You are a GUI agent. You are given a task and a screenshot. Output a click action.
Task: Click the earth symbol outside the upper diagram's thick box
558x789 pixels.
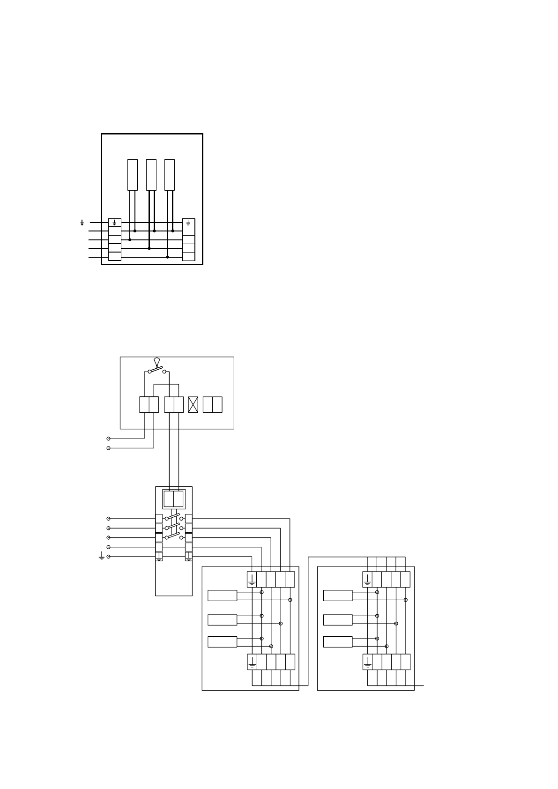coord(82,223)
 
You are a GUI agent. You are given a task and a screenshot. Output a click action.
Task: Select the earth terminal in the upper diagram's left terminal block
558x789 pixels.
coord(114,223)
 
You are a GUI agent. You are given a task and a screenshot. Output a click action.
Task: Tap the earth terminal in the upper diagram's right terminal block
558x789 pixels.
coord(188,223)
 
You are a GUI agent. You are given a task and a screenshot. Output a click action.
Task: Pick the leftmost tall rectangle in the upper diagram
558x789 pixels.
coord(133,175)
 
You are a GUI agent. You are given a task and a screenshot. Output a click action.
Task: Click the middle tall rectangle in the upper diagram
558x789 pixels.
coord(151,175)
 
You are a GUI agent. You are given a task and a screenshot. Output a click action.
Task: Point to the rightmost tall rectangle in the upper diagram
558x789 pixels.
coord(170,175)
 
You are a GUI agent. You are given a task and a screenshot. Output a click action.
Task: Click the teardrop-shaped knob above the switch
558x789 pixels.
coord(157,361)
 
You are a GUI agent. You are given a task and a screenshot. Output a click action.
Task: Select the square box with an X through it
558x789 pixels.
coord(193,405)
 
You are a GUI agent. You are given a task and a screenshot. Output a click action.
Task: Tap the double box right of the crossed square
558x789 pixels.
coord(212,405)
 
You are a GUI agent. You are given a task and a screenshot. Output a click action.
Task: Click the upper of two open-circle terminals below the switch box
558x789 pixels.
coord(109,439)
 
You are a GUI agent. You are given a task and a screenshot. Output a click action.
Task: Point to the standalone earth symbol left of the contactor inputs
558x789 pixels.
coord(102,556)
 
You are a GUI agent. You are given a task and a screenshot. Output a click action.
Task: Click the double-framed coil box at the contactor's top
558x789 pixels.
coord(173,499)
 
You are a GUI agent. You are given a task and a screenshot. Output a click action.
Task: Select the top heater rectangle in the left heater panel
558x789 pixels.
coord(222,595)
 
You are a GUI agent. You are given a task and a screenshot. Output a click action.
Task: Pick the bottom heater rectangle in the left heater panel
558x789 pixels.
coord(222,642)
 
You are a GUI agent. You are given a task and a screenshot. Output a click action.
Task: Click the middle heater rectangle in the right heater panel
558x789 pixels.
coord(338,619)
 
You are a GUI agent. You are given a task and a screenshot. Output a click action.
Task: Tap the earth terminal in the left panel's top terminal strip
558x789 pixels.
coord(252,580)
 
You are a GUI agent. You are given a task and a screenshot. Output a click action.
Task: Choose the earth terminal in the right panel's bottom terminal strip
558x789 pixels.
coord(368,662)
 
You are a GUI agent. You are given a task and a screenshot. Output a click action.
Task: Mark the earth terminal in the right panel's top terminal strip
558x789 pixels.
coord(367,580)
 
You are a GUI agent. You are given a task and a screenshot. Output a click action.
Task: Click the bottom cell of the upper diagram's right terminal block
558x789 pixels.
coord(188,256)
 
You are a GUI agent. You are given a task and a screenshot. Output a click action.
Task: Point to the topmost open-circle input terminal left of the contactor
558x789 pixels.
coord(109,519)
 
